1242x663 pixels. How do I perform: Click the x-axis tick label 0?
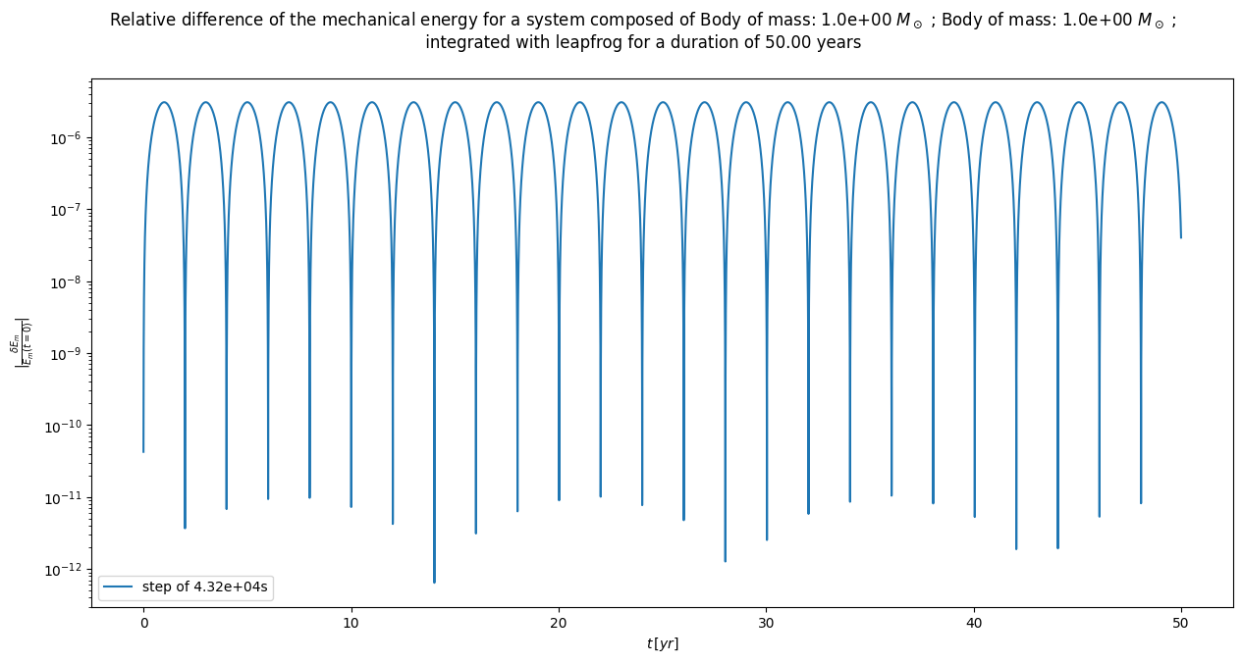(143, 623)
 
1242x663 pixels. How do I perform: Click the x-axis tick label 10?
(351, 623)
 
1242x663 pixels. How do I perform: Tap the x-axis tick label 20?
(559, 623)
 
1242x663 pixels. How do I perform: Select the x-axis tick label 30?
(766, 623)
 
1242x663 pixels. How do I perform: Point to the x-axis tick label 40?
(974, 623)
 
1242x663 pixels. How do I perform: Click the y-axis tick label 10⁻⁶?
(67, 139)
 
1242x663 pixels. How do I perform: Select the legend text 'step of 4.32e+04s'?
(205, 587)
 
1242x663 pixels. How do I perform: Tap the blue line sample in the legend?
(120, 587)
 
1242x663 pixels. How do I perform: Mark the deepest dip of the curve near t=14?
(434, 582)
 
